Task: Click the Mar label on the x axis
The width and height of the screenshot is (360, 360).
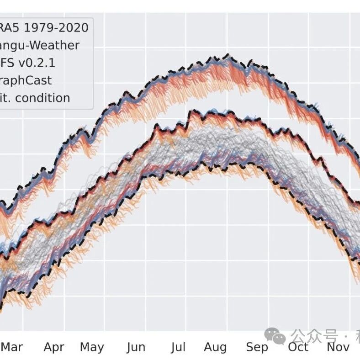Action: pyautogui.click(x=12, y=347)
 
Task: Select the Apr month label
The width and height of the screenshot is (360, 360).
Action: pyautogui.click(x=54, y=347)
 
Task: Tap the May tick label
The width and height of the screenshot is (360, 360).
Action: pyautogui.click(x=92, y=347)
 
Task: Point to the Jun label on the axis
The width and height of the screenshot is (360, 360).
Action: pyautogui.click(x=136, y=347)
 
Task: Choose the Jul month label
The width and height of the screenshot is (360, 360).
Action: pyautogui.click(x=178, y=347)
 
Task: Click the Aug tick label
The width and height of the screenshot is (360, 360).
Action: pyautogui.click(x=215, y=347)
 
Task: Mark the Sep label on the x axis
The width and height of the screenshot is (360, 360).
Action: pyautogui.click(x=257, y=347)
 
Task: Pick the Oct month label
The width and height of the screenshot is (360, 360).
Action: pyautogui.click(x=298, y=347)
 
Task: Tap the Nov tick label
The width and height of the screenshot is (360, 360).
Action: pyautogui.click(x=338, y=347)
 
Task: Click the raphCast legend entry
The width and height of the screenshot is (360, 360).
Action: pyautogui.click(x=26, y=80)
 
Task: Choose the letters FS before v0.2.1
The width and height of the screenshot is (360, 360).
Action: pyautogui.click(x=7, y=63)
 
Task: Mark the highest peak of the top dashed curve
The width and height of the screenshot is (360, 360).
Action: pyautogui.click(x=227, y=55)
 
